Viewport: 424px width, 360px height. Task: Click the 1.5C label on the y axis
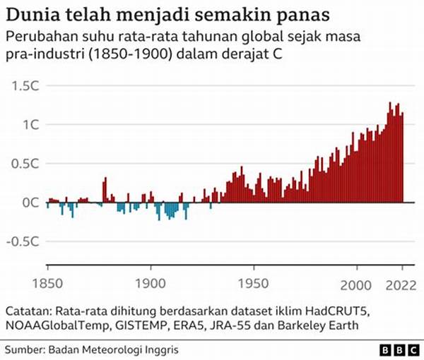tap(25, 85)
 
